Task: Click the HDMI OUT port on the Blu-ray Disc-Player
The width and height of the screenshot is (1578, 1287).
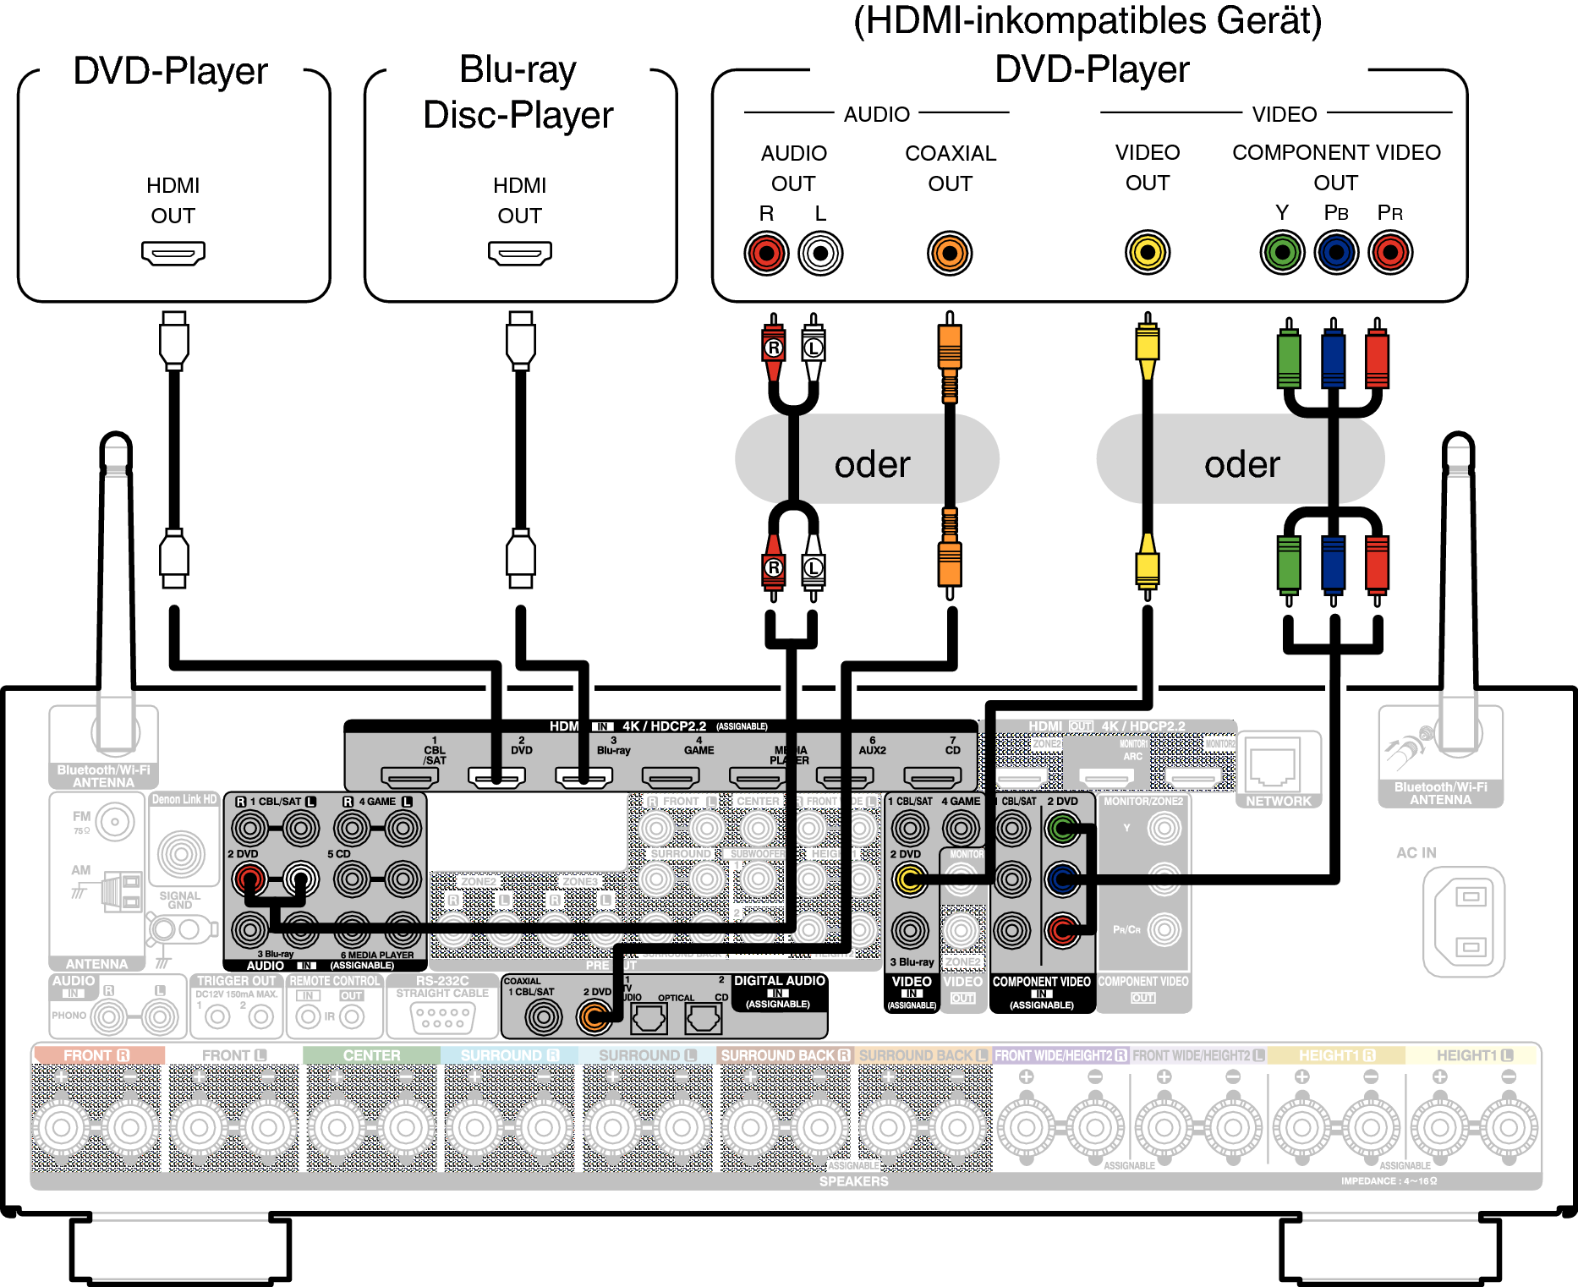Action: (x=519, y=252)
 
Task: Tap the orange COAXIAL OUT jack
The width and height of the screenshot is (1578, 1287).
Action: (x=950, y=253)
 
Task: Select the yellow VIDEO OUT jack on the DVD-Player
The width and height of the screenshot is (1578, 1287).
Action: (x=1148, y=252)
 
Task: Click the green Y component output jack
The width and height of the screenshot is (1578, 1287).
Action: (x=1282, y=252)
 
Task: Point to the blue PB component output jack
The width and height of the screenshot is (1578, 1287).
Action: (x=1336, y=252)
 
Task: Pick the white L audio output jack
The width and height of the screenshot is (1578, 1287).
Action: (x=820, y=253)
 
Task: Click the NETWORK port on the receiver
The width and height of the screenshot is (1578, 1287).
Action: (x=1274, y=765)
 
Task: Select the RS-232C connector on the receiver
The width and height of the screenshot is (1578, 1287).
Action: (x=442, y=1016)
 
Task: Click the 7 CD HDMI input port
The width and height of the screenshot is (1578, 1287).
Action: (x=932, y=775)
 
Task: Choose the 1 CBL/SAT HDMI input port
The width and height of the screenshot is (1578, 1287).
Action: (x=409, y=775)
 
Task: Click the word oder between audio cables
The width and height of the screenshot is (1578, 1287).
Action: (x=872, y=464)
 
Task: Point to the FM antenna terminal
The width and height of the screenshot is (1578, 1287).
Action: (x=114, y=821)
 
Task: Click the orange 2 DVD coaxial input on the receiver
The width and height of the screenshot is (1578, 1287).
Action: (x=594, y=1017)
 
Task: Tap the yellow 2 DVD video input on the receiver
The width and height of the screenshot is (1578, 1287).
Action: (x=910, y=879)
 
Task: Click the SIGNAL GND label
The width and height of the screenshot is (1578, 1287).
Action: (x=180, y=900)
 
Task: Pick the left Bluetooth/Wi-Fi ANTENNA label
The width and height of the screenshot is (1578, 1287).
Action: (x=103, y=776)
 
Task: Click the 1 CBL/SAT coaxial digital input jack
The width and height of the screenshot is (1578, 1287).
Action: (x=543, y=1017)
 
